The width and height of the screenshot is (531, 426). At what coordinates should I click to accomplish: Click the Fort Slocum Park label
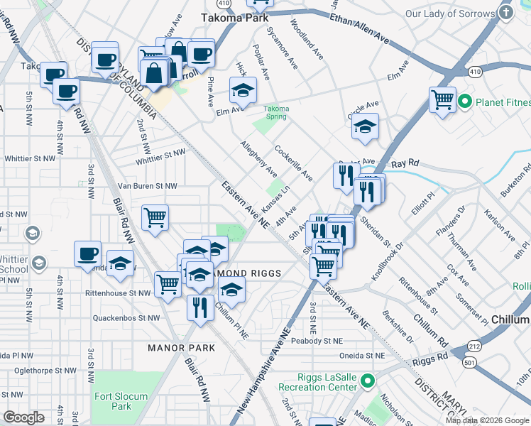click(x=121, y=401)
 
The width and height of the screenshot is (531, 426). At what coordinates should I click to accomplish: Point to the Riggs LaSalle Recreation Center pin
click(x=367, y=382)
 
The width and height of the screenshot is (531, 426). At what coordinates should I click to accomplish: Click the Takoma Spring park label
click(x=277, y=113)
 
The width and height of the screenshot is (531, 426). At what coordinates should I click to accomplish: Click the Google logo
click(x=23, y=417)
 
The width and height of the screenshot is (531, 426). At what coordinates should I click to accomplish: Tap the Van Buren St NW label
click(x=147, y=186)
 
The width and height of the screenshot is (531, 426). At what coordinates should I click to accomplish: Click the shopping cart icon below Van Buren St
click(x=155, y=217)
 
